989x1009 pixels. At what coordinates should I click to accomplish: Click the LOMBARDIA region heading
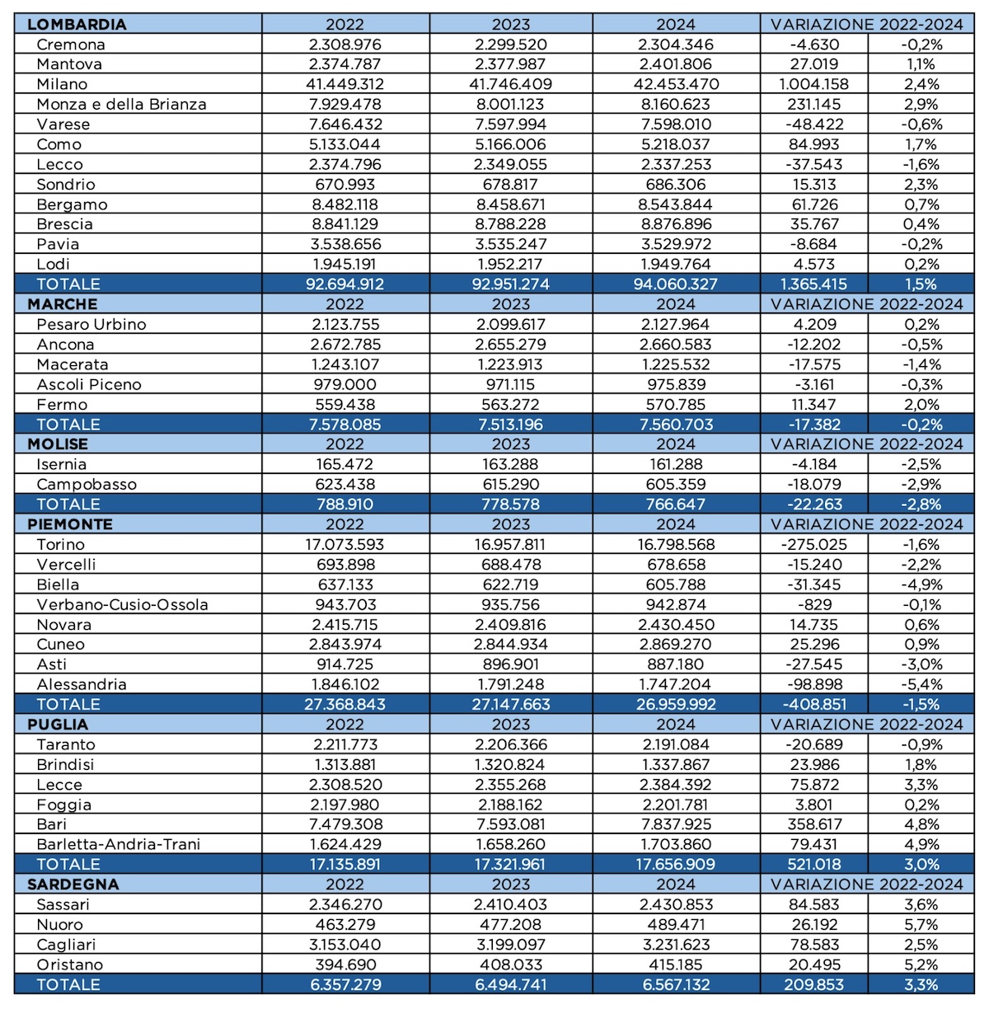(77, 24)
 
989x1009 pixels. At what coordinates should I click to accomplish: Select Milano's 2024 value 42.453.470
(675, 84)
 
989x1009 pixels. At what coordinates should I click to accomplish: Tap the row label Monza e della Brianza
(121, 104)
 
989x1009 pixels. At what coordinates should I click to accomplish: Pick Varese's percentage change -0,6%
(921, 124)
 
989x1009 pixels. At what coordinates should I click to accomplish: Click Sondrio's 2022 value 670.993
(345, 185)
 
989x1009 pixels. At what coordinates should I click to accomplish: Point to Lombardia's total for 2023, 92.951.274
(510, 284)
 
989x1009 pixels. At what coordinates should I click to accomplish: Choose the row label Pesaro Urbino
(91, 324)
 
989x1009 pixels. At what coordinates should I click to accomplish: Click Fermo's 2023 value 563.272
(510, 404)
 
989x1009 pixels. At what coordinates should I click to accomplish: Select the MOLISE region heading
(58, 444)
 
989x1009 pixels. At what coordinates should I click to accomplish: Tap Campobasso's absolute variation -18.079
(814, 485)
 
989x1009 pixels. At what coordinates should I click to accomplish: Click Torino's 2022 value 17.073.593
(345, 545)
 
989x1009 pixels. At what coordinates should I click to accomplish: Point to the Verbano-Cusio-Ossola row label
(123, 605)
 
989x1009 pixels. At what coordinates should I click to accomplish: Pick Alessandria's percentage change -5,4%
(921, 684)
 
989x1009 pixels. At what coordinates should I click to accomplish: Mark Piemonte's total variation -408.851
(814, 704)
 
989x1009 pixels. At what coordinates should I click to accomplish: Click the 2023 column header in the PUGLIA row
(510, 724)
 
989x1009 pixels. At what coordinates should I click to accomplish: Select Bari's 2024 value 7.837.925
(675, 824)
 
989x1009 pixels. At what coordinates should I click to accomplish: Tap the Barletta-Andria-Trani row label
(119, 844)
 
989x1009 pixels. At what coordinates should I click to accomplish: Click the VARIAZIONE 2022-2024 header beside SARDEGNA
(866, 885)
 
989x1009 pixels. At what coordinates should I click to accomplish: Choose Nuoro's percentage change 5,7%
(921, 924)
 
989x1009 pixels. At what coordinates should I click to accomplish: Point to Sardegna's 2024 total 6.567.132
(675, 984)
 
